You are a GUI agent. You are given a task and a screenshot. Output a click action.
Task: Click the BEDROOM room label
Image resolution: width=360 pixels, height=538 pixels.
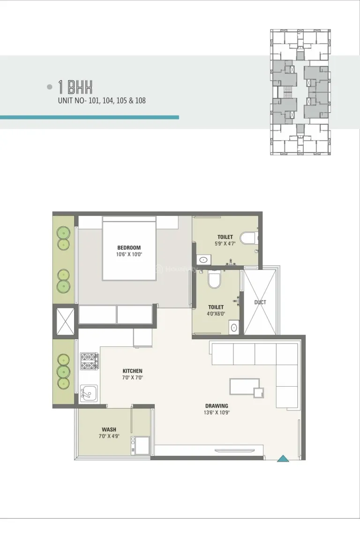(129, 247)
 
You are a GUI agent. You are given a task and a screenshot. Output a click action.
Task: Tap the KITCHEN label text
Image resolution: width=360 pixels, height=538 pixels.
(133, 371)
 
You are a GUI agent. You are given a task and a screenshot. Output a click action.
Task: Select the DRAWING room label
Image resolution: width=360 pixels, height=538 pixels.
(217, 406)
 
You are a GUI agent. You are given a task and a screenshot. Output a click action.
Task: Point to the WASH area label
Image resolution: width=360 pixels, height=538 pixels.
(109, 430)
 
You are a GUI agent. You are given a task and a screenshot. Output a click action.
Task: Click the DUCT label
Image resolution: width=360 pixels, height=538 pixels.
(260, 302)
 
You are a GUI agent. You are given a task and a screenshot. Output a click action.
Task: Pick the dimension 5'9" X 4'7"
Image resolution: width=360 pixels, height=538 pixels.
(225, 244)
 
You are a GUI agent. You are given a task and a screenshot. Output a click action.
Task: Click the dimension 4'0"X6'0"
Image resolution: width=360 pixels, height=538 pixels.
(216, 314)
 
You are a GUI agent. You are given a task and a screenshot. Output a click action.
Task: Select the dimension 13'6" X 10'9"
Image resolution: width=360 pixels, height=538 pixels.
(217, 412)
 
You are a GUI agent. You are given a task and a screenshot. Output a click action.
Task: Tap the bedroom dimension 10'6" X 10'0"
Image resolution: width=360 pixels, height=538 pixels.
(129, 254)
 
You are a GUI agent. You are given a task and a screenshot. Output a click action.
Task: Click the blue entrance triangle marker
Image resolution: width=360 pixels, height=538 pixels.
(283, 459)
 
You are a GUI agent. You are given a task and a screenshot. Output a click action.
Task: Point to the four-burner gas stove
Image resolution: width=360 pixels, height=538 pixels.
(89, 361)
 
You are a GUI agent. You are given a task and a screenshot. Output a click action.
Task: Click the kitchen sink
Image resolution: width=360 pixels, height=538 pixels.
(89, 393)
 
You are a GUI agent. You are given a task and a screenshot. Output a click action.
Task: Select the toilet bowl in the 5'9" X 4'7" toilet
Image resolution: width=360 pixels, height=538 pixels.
(247, 238)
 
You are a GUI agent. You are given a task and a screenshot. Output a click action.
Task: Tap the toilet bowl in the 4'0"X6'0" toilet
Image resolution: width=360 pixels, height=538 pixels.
(214, 279)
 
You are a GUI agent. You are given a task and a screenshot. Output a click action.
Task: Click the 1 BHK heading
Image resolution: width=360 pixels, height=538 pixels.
(75, 87)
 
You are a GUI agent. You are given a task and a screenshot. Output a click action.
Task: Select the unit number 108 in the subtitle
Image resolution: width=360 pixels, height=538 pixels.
(140, 101)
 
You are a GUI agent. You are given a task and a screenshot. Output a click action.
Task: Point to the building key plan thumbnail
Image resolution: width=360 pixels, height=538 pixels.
(300, 92)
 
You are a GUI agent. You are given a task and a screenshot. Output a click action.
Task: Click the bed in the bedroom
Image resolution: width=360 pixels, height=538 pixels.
(130, 248)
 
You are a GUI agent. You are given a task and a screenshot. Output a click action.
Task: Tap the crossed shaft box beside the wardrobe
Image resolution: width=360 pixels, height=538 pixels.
(65, 321)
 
